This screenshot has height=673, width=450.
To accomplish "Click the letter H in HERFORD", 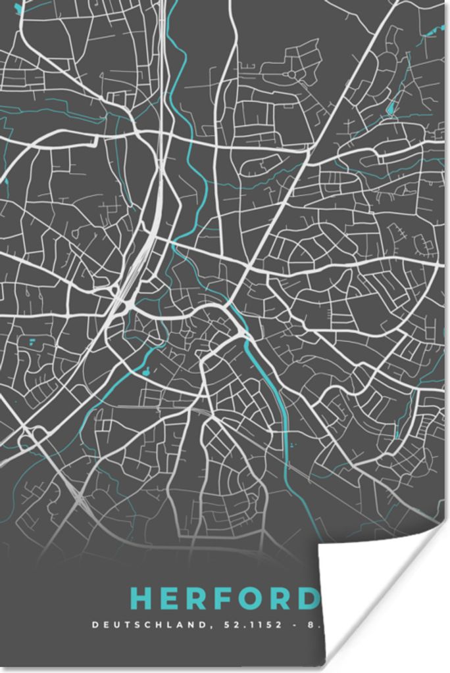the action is click(x=142, y=599).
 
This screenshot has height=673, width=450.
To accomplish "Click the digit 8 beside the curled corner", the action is click(x=310, y=624).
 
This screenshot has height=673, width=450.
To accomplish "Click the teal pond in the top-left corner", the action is click(x=18, y=8).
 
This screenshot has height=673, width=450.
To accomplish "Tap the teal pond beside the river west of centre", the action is click(x=145, y=372).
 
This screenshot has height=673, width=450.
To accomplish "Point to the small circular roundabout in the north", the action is click(x=291, y=74).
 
